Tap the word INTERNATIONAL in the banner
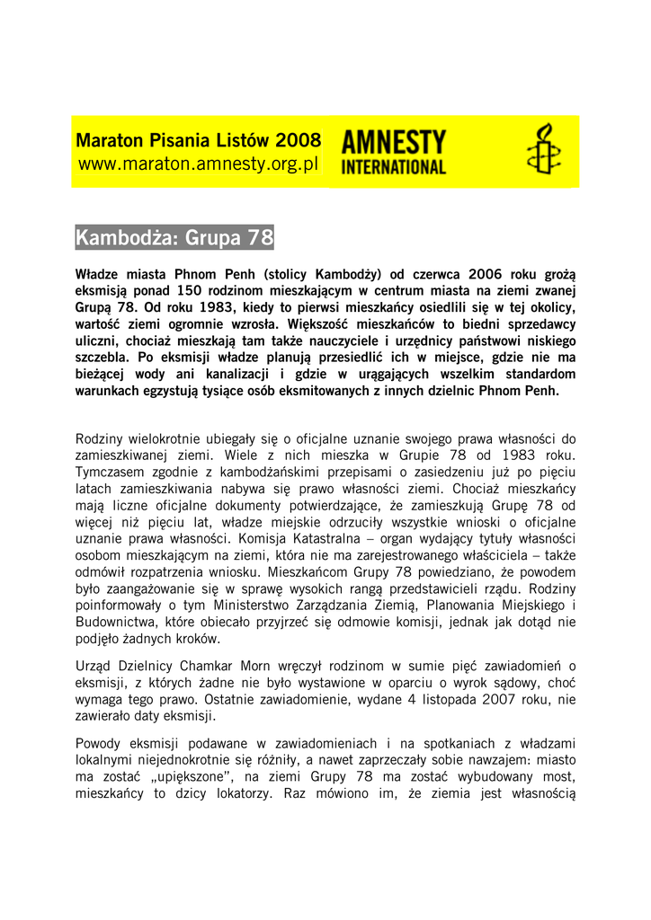point(393,166)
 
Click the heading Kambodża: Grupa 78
point(174,238)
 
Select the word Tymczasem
point(114,472)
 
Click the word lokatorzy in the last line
point(229,793)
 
